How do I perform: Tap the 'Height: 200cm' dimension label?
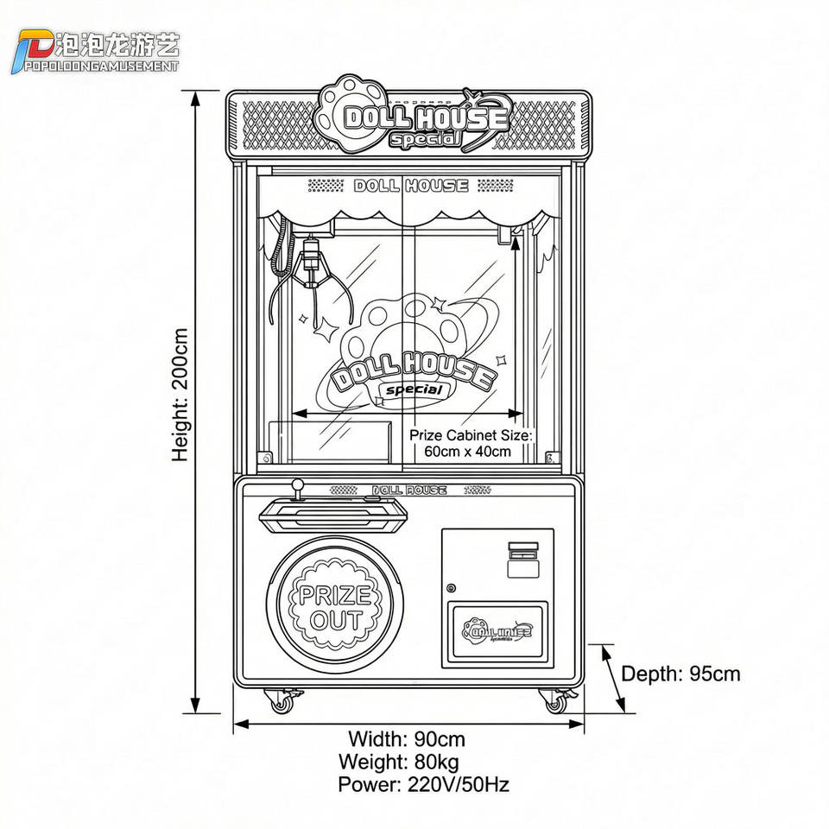click(180, 394)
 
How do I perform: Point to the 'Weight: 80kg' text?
click(398, 762)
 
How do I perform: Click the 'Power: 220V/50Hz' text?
click(423, 784)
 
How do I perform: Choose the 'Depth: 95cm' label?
click(680, 674)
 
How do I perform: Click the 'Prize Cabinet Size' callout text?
click(470, 442)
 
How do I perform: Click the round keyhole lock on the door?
click(451, 588)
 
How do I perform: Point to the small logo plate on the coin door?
click(497, 631)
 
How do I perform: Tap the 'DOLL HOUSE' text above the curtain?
click(411, 186)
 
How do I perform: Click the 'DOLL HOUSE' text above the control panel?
click(409, 490)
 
